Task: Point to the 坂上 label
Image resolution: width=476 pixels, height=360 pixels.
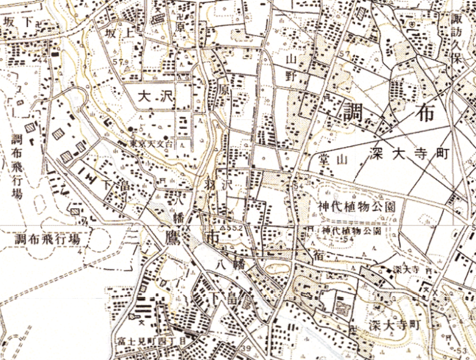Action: [x=119, y=34]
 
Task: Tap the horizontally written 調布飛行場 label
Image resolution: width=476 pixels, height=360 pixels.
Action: [x=47, y=239]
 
